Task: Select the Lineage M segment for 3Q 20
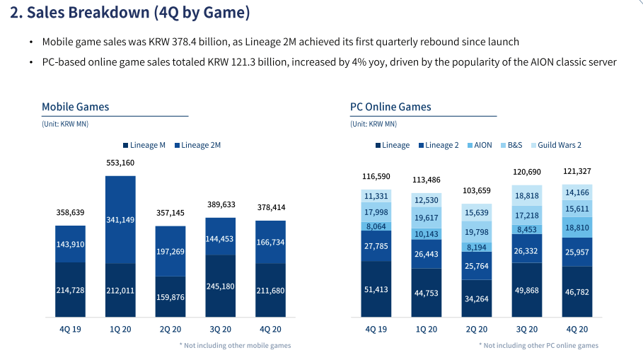(219, 286)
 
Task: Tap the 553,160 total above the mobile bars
(120, 163)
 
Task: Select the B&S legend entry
(514, 145)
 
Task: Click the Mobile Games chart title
(76, 107)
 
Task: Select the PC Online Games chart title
(390, 107)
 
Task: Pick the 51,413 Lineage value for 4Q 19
(376, 290)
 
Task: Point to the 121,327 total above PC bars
(577, 171)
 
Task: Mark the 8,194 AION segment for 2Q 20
(477, 248)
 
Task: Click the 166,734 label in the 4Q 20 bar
(270, 242)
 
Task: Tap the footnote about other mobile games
(235, 345)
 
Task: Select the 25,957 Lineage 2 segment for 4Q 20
(577, 252)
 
